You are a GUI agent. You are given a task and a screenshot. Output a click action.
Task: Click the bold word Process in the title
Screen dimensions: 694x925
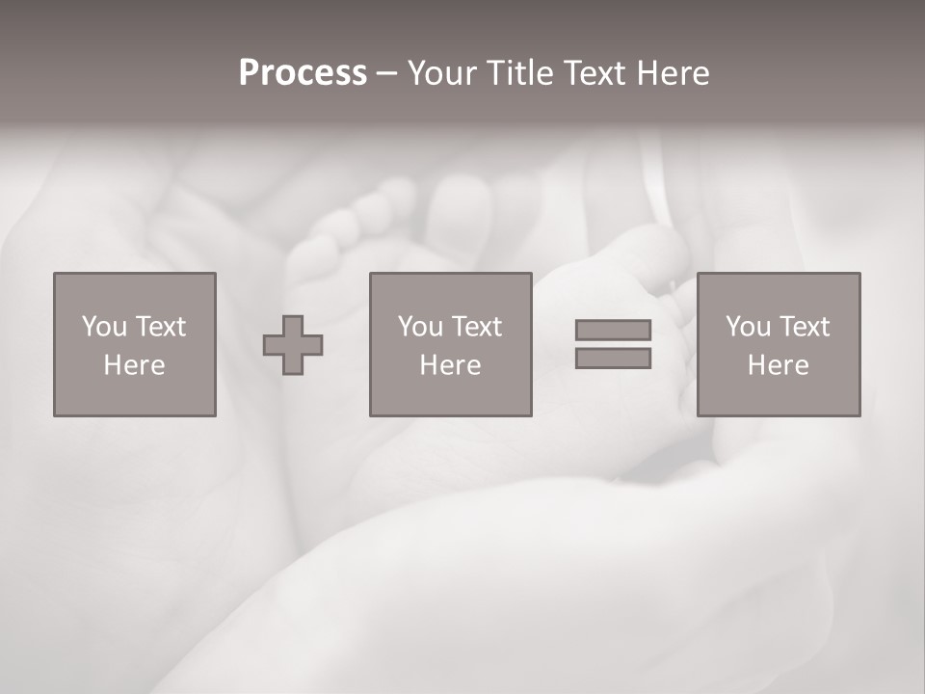pos(303,73)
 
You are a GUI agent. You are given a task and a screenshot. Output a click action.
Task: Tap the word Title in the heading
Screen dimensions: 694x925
pos(519,73)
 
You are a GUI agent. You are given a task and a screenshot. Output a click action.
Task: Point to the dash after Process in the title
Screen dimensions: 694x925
pos(386,74)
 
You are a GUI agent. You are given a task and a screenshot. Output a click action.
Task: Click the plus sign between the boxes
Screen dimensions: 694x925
pos(293,345)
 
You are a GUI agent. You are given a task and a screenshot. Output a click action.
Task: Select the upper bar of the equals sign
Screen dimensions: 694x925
pos(613,330)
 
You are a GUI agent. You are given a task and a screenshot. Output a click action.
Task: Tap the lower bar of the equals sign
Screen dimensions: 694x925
pos(613,359)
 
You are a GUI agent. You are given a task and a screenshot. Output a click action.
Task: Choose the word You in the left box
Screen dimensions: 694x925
pos(103,327)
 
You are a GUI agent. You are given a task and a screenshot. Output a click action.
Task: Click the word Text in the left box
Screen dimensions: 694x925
pos(159,327)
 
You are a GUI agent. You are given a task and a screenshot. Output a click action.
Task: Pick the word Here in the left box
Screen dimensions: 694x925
pos(134,365)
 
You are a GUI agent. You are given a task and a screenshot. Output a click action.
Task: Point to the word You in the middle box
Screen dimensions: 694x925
pos(420,327)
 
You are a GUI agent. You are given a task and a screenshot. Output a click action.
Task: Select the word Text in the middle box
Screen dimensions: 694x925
pos(476,327)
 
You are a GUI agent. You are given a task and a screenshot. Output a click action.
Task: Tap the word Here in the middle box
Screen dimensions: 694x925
pos(450,365)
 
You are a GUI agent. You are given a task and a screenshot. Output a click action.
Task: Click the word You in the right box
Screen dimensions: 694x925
pos(748,327)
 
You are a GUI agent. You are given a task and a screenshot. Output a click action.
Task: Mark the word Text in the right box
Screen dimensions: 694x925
pos(804,327)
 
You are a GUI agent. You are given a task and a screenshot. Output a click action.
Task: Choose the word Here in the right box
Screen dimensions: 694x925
pos(778,365)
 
